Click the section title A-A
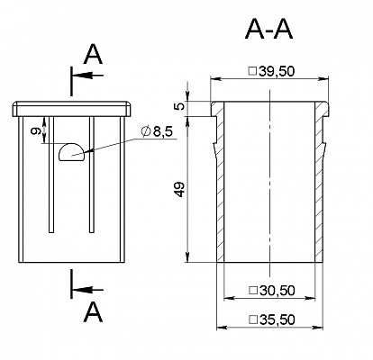click(x=268, y=31)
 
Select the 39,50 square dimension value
click(x=276, y=71)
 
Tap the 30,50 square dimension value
click(x=277, y=291)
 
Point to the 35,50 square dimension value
click(x=277, y=319)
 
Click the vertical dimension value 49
click(x=180, y=190)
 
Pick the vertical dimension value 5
click(x=180, y=106)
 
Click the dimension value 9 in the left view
click(x=37, y=131)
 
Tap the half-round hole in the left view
click(x=71, y=152)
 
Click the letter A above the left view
click(x=93, y=55)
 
